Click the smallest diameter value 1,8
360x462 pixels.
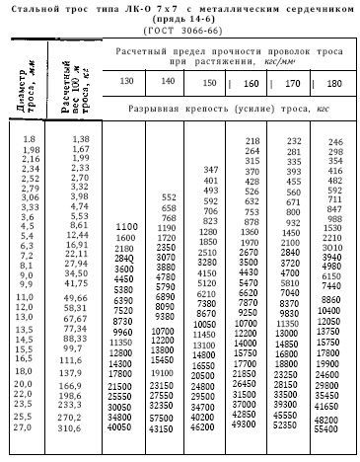(x=29, y=140)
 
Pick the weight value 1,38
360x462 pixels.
(x=80, y=140)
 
